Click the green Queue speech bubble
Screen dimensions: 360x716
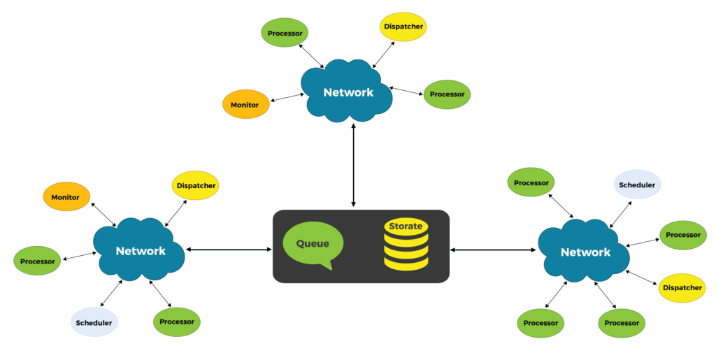tap(313, 245)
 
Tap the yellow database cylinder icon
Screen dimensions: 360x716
tap(406, 249)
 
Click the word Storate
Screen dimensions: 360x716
tap(406, 226)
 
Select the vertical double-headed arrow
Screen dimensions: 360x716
tap(354, 165)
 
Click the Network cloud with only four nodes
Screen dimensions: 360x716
tap(348, 92)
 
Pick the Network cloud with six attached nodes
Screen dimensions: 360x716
tap(585, 252)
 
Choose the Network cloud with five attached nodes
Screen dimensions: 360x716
tap(140, 251)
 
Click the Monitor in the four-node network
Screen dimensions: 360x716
tap(245, 105)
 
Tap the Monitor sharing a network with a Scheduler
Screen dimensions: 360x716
tap(66, 197)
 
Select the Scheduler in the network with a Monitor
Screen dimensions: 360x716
tap(94, 322)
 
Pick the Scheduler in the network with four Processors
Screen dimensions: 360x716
tap(638, 185)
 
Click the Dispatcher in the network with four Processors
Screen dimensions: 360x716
tap(682, 287)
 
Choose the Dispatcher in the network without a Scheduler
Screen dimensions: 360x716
tap(403, 27)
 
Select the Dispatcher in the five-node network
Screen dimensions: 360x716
tap(195, 186)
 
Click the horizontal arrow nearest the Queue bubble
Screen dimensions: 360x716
tap(228, 249)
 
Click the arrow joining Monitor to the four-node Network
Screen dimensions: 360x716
tap(285, 99)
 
